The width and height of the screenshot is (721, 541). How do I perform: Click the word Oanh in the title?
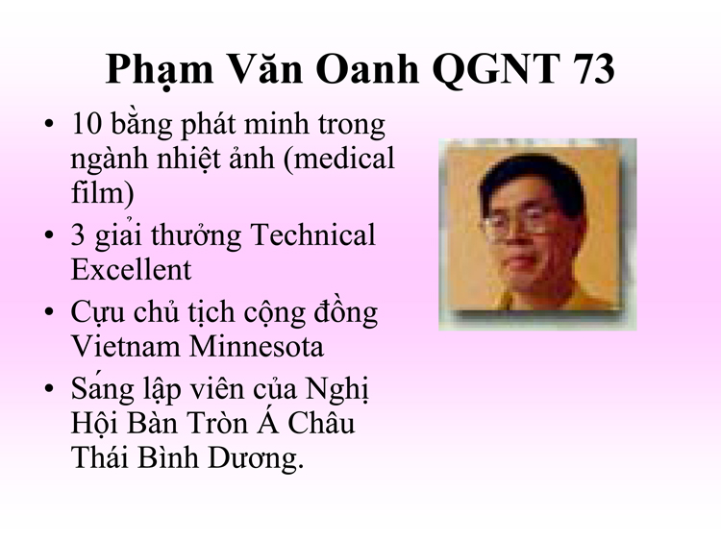pos(367,69)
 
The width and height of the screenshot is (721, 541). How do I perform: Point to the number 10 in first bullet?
pos(87,124)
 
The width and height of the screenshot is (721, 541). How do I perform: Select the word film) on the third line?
pos(102,192)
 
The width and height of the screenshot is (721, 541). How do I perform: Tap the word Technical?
pos(313,234)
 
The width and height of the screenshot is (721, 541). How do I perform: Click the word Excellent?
pos(131,269)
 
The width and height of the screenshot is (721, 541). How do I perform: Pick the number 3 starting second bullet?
pos(78,234)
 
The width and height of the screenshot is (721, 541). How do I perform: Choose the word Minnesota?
pos(257,346)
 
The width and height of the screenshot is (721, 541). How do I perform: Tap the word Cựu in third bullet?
pos(97,313)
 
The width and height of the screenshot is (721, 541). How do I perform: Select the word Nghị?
pos(337,390)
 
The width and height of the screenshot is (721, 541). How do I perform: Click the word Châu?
pos(321,424)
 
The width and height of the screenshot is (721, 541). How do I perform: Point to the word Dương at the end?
pos(256,458)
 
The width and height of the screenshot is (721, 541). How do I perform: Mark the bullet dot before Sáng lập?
pos(49,388)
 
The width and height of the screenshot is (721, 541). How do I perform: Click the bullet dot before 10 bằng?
pos(49,124)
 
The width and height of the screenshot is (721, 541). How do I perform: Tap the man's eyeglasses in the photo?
pos(519,224)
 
